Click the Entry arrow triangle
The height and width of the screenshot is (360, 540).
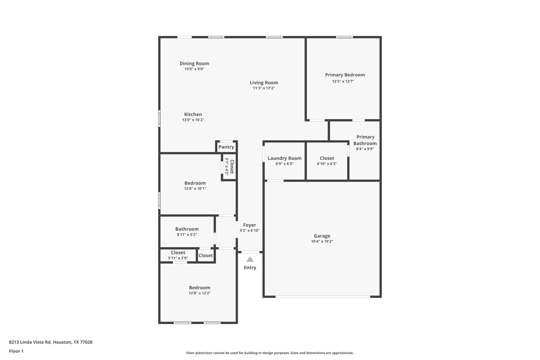click(x=250, y=259)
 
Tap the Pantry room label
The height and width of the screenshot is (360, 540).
click(x=226, y=147)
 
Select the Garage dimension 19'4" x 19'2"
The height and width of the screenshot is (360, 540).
click(x=322, y=241)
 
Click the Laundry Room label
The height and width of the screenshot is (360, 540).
click(x=284, y=158)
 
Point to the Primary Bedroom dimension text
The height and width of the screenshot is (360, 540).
click(x=343, y=81)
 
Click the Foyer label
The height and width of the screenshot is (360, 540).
click(x=249, y=225)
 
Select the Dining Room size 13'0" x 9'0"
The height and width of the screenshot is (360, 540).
click(x=194, y=69)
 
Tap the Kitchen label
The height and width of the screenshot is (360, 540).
click(x=193, y=114)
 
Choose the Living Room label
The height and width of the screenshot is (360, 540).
click(x=264, y=83)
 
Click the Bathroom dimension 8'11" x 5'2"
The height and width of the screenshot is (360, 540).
click(x=187, y=235)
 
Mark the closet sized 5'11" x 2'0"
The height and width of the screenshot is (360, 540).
click(x=178, y=255)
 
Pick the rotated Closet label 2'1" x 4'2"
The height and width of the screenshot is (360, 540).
click(x=229, y=166)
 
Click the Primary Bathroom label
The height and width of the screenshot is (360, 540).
click(x=365, y=140)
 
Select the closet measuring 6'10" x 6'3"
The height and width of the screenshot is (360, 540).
click(x=327, y=161)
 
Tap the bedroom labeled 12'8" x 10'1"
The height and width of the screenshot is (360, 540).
click(x=195, y=186)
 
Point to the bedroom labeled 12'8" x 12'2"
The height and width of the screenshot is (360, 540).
click(x=199, y=290)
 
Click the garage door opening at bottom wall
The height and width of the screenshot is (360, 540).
click(x=323, y=296)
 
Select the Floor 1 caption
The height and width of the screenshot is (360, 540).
click(x=16, y=351)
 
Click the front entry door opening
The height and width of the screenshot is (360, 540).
click(x=250, y=252)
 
